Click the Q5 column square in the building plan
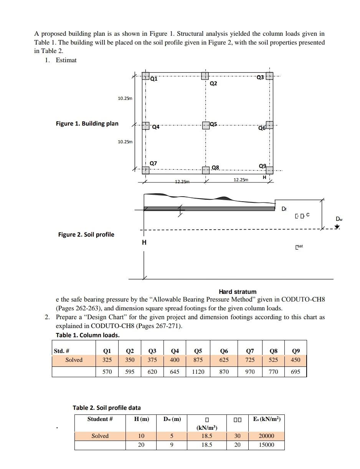coord(206,125)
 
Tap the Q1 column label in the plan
coord(154,79)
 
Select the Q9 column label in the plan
coord(263,166)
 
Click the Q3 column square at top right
coord(269,76)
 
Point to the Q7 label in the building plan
coord(153,163)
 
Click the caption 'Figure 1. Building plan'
coord(87,123)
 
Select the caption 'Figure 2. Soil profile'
coord(86,234)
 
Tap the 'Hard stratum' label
coord(238,292)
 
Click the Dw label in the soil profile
coord(339,219)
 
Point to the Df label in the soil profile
coord(284,209)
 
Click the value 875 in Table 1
coord(198,360)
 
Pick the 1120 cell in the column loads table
coord(198,372)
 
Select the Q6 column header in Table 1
coord(224,351)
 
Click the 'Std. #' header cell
coord(61,351)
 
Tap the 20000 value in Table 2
coord(266,436)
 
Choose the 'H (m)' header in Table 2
coord(141,419)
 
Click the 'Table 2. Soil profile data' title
coord(107,408)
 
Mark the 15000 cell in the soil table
coord(266,445)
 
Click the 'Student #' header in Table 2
coord(100,419)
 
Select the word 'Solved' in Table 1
coord(74,360)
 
